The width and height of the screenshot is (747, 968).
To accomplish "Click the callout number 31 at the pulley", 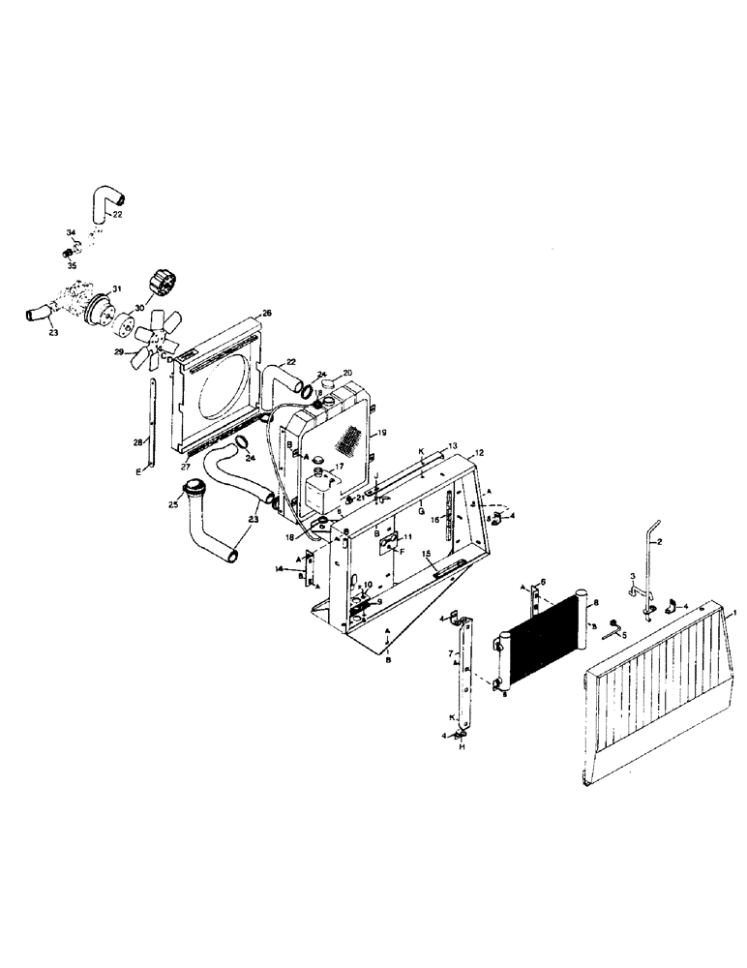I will tap(116, 289).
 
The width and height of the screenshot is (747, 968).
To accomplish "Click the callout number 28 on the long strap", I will tap(138, 442).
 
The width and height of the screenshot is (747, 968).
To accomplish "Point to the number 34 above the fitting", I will tap(70, 233).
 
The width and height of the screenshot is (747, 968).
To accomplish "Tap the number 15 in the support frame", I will tap(427, 553).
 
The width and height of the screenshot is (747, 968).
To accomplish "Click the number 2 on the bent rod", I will tap(658, 543).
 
